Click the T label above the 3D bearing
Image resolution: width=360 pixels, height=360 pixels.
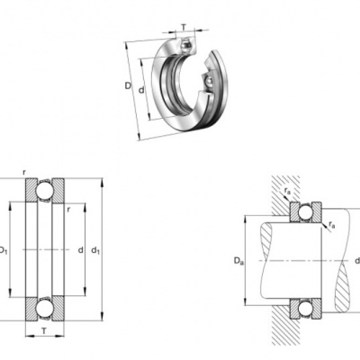click(184, 28)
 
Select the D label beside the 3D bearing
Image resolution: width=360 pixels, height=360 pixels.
click(128, 86)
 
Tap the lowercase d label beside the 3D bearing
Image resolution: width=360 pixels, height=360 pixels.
click(141, 89)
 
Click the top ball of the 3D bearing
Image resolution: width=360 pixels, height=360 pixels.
click(186, 45)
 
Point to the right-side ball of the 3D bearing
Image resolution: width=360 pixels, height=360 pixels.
click(208, 82)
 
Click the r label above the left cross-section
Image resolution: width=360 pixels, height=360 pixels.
click(24, 173)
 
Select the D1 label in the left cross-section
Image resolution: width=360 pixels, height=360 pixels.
click(3, 250)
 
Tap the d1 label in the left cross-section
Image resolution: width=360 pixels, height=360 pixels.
click(95, 250)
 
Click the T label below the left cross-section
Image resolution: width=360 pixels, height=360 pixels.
click(44, 331)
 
